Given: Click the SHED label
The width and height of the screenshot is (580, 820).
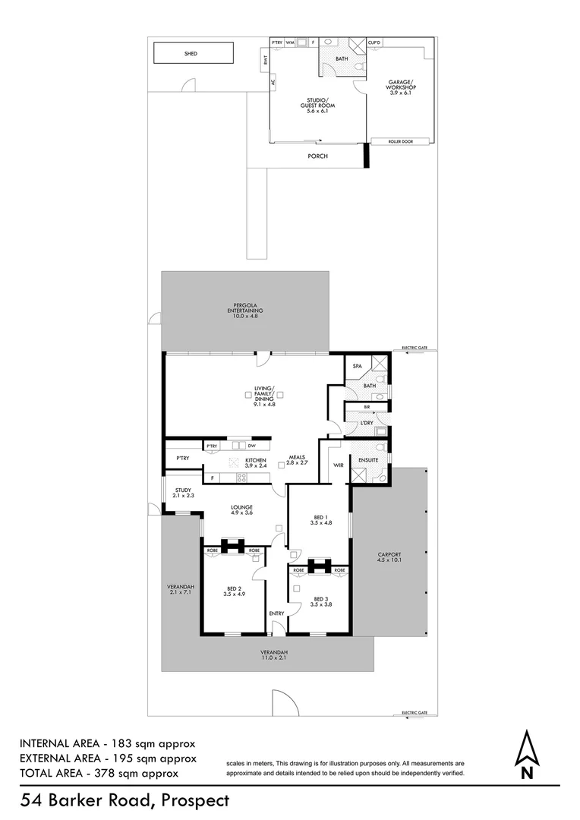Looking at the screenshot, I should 191,54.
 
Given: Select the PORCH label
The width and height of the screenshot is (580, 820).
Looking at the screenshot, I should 317,156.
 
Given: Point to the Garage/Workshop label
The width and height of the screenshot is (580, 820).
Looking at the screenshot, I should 400,88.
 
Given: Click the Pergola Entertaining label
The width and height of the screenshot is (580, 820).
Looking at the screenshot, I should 245,311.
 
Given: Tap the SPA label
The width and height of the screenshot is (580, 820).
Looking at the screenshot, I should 357,367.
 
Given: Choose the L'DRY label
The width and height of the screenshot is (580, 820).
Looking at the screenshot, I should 366,422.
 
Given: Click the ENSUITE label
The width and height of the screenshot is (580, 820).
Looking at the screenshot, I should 367,459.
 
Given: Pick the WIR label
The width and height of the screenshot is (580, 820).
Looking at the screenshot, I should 339,465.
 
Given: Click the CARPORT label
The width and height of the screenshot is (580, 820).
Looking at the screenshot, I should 389,557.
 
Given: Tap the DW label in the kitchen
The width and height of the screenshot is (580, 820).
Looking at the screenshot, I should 251,446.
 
